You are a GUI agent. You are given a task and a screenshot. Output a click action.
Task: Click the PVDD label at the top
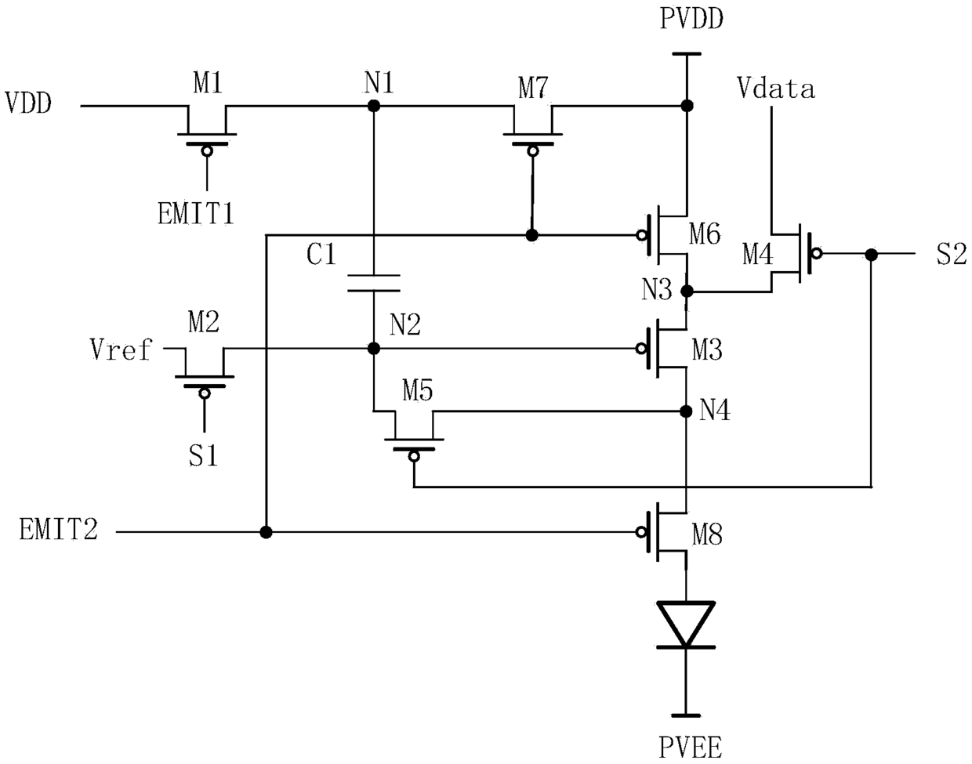coord(691,20)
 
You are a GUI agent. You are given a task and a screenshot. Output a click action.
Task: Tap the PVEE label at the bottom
coord(690,748)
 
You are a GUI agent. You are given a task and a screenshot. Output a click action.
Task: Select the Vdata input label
coord(775,88)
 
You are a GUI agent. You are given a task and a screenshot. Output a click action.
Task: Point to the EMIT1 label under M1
coord(196,213)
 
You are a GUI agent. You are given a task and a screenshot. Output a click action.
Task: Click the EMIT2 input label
coord(59,529)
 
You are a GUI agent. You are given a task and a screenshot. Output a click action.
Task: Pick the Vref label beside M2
coord(121,349)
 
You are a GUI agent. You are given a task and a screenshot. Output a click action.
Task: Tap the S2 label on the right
coord(951,254)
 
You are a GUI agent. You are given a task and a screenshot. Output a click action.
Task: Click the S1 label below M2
coord(203,455)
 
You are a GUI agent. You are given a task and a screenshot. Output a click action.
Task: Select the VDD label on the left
coord(28,103)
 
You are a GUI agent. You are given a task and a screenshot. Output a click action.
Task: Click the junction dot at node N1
coord(374,106)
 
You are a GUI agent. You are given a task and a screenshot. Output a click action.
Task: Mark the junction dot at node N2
coord(374,349)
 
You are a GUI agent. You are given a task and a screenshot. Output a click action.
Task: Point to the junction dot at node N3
coord(687,291)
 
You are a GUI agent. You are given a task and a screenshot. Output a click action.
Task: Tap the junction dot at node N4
coord(686,411)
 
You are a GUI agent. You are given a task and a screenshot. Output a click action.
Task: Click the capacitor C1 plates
coord(374,283)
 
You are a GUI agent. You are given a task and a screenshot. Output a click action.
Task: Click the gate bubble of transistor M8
coord(640,532)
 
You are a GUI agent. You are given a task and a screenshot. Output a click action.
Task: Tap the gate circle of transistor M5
coord(414,457)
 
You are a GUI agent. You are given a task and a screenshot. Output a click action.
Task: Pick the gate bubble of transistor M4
coord(817,253)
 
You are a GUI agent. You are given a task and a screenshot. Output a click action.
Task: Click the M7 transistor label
coord(533,88)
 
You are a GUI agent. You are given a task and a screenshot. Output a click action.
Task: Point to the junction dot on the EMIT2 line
coord(267,532)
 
